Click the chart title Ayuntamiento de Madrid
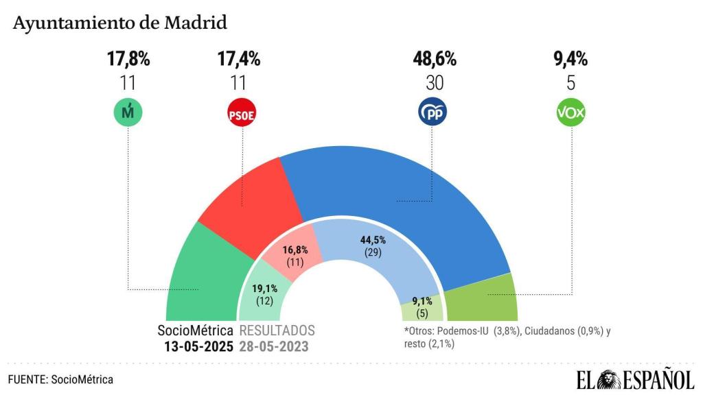pyautogui.click(x=119, y=23)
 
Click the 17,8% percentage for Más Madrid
pyautogui.click(x=128, y=59)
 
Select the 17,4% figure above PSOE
pyautogui.click(x=239, y=59)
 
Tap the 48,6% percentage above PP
pyautogui.click(x=434, y=59)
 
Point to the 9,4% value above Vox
pyautogui.click(x=571, y=59)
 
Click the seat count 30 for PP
pyautogui.click(x=434, y=83)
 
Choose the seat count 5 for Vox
pyautogui.click(x=571, y=83)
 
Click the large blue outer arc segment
pyautogui.click(x=398, y=185)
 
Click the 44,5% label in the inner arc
pyautogui.click(x=372, y=240)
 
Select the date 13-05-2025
pyautogui.click(x=198, y=346)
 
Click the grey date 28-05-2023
pyautogui.click(x=273, y=346)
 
